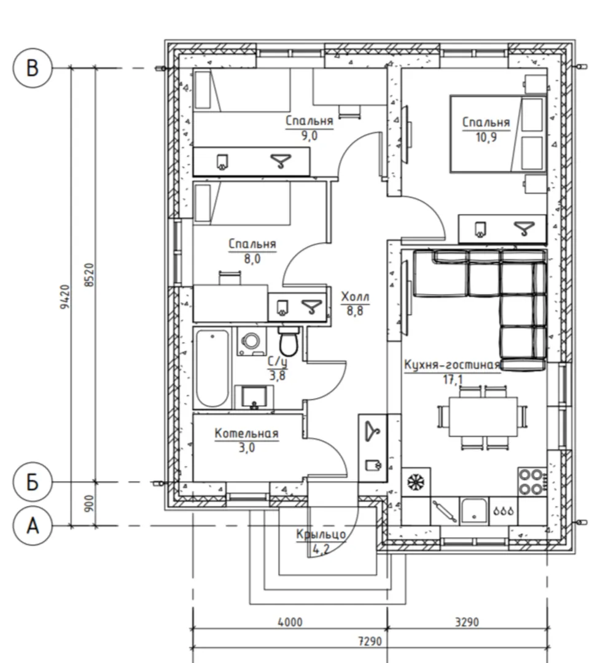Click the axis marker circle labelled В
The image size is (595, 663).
[33, 68]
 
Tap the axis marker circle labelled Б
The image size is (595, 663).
[33, 482]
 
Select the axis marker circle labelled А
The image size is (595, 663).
[33, 527]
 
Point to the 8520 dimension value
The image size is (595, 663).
[89, 275]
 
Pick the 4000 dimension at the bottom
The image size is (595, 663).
[290, 622]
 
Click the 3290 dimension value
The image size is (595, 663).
[467, 622]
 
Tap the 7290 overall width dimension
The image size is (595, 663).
[370, 642]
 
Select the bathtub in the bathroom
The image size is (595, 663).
[212, 368]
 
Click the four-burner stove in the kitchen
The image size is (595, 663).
[532, 482]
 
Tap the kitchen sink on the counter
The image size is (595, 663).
[473, 511]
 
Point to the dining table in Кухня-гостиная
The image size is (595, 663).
[483, 416]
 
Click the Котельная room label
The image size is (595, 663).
[247, 433]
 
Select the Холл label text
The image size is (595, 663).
[356, 297]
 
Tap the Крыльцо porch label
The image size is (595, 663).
[321, 535]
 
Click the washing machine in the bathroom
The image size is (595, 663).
[252, 341]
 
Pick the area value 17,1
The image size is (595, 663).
[453, 379]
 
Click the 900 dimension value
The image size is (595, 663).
[89, 503]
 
